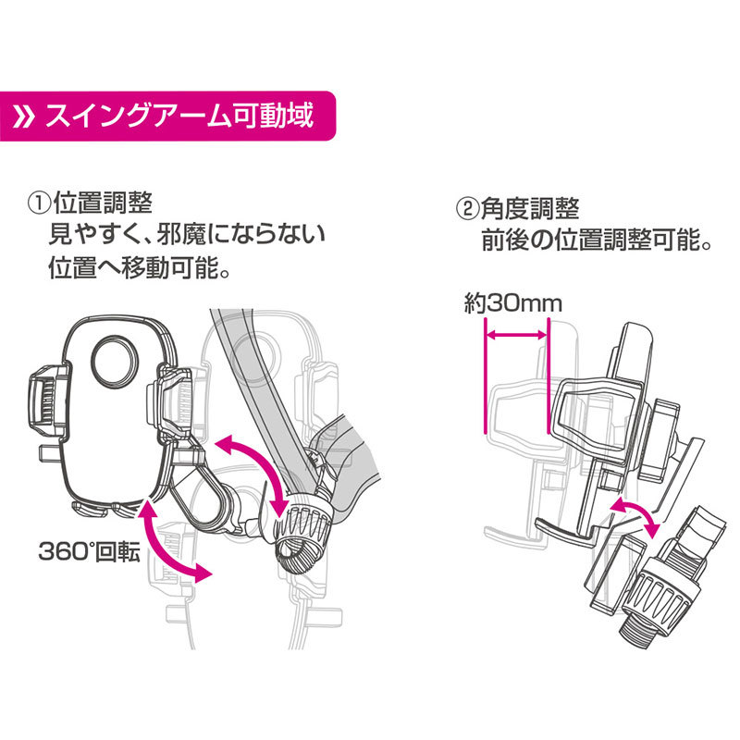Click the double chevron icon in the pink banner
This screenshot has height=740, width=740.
[24, 117]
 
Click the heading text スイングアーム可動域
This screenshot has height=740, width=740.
[179, 117]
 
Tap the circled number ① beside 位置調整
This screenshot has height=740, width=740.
[40, 203]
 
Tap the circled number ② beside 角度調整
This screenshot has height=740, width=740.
[467, 208]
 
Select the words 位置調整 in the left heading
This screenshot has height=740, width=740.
[103, 203]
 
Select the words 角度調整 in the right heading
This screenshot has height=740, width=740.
[530, 208]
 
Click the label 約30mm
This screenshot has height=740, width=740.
[513, 303]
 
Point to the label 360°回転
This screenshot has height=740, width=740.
[89, 550]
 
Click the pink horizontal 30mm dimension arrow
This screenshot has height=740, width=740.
[516, 336]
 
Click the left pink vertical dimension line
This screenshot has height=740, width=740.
[485, 376]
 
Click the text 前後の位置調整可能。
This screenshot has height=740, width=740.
[596, 240]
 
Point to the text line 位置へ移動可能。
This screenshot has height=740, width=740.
[140, 267]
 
